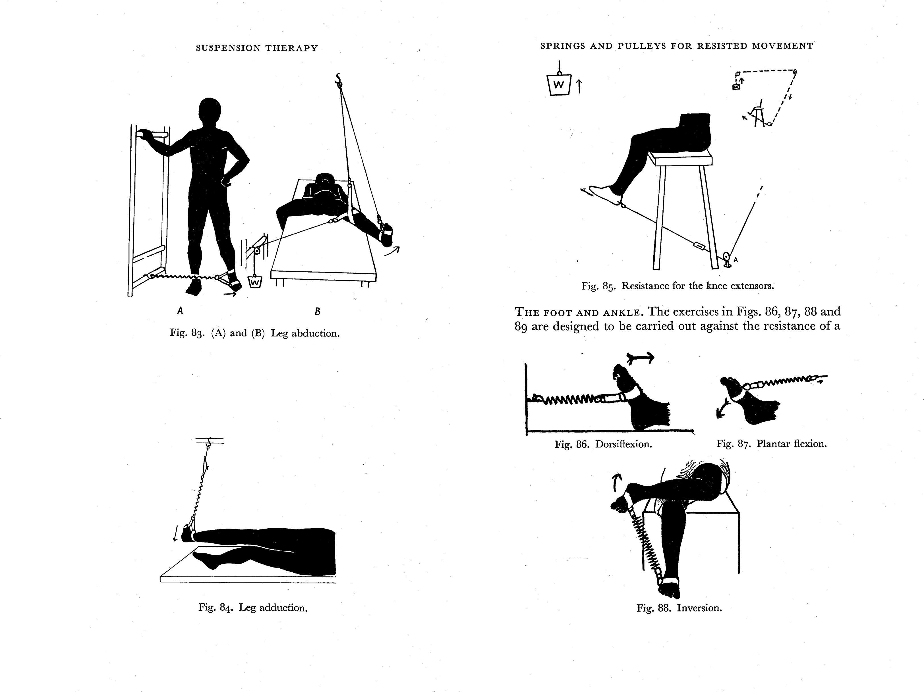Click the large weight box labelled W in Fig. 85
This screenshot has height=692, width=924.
tap(558, 85)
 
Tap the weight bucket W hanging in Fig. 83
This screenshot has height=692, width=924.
tap(255, 283)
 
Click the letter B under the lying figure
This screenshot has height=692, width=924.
tap(318, 311)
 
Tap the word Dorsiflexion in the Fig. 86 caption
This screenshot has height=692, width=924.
tap(623, 444)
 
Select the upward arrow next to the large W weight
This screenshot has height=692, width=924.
tap(579, 86)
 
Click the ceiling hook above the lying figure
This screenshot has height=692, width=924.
tap(339, 79)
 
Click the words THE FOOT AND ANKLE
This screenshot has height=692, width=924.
tap(579, 312)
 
